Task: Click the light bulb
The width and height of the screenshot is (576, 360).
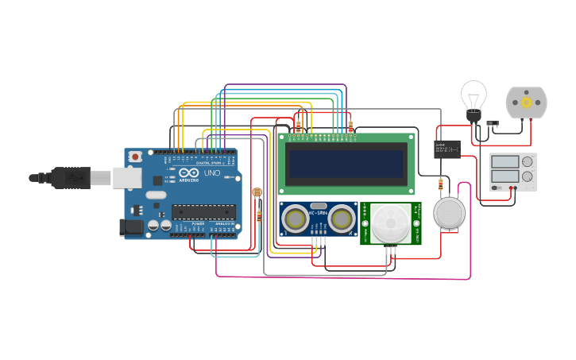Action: click(474, 98)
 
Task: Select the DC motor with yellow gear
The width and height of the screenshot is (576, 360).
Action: click(526, 103)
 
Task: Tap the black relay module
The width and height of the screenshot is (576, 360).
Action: click(447, 149)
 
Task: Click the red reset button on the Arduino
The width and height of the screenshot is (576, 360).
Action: click(135, 157)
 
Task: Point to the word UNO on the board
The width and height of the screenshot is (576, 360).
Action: click(212, 172)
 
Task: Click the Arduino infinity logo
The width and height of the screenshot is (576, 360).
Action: click(189, 172)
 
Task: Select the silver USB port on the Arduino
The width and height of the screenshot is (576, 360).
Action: click(126, 177)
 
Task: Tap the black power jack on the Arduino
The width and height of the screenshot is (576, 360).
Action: click(131, 227)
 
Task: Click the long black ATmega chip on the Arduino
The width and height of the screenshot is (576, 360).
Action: click(203, 211)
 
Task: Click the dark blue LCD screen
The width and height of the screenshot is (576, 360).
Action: click(346, 164)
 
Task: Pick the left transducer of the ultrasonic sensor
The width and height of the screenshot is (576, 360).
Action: click(296, 219)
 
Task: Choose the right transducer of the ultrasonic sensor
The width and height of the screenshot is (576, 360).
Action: click(342, 219)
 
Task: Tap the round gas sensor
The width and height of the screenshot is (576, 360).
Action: click(449, 213)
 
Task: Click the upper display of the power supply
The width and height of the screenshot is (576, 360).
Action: click(504, 161)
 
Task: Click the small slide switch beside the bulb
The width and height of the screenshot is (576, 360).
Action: click(493, 123)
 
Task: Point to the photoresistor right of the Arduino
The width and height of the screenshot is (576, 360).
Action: click(256, 192)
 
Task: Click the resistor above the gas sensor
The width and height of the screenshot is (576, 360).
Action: click(441, 184)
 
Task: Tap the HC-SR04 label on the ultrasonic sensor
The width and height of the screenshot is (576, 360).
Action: click(319, 211)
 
